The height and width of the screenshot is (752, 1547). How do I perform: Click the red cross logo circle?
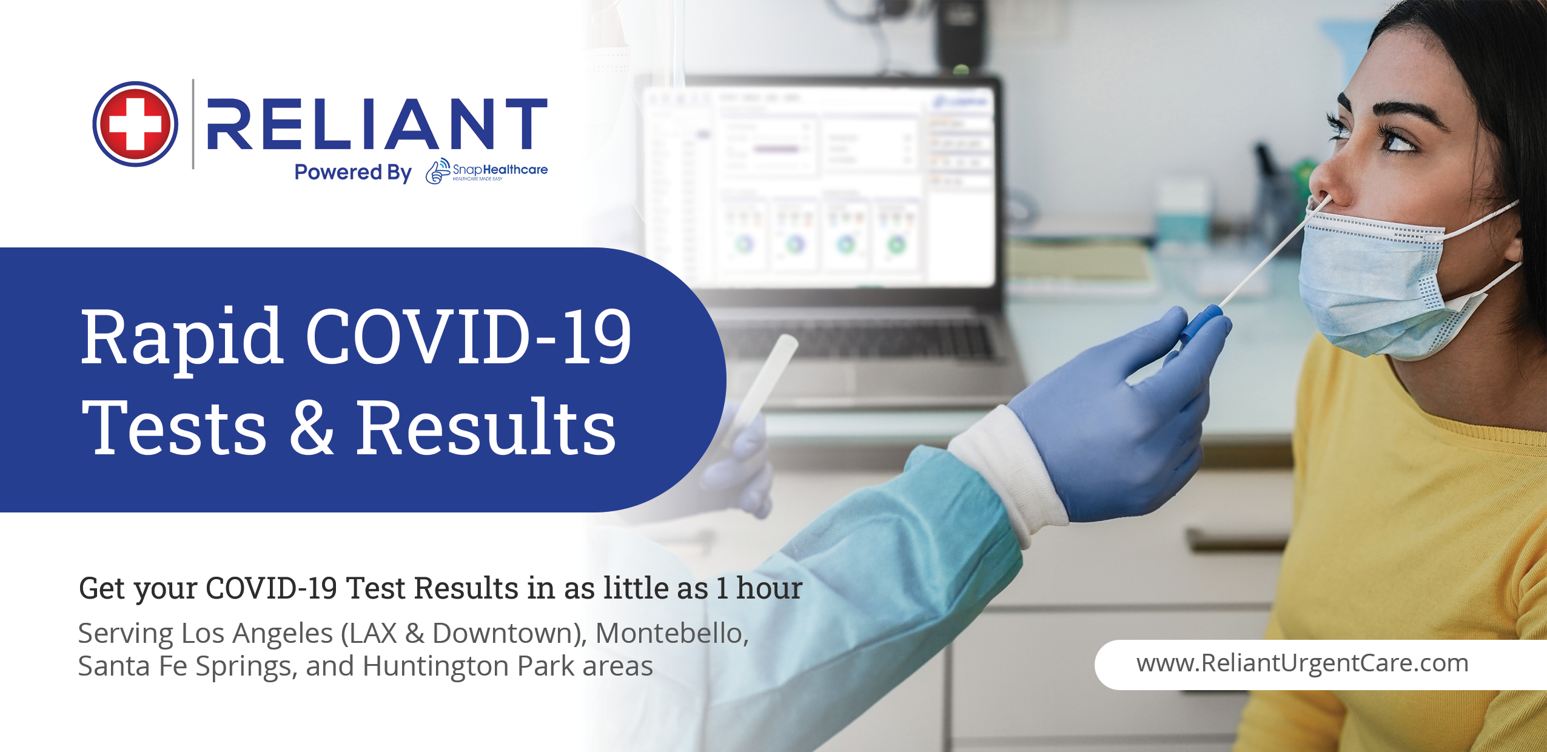(x=135, y=124)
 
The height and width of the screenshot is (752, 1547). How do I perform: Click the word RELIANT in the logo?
(x=377, y=124)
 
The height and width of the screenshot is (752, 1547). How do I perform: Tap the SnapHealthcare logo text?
(x=487, y=171)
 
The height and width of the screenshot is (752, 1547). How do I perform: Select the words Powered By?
(x=353, y=172)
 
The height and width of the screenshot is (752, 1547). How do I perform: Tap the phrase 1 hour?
(x=759, y=588)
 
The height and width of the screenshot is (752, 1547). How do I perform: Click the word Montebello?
(x=672, y=633)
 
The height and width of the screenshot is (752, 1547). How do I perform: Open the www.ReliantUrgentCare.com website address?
(x=1303, y=663)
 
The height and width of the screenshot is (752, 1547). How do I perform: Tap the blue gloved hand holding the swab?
(x=1122, y=412)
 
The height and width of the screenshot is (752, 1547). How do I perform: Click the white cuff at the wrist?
(x=1007, y=473)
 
